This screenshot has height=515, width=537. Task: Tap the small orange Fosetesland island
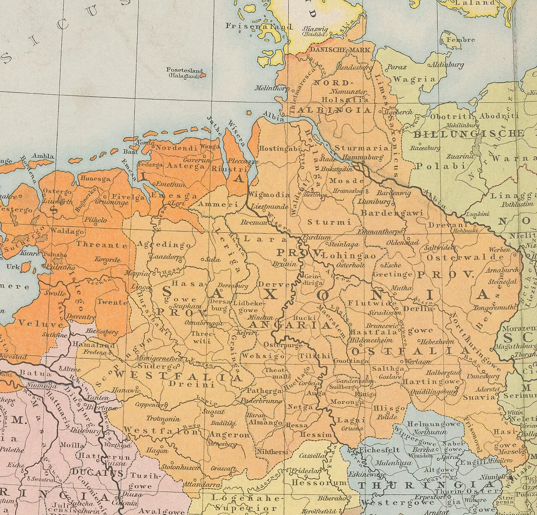203,76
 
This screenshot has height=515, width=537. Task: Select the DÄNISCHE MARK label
340,50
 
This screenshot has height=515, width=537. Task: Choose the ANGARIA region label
289,325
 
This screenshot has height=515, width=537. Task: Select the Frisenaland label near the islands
259,26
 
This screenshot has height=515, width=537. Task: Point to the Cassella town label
313,456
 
